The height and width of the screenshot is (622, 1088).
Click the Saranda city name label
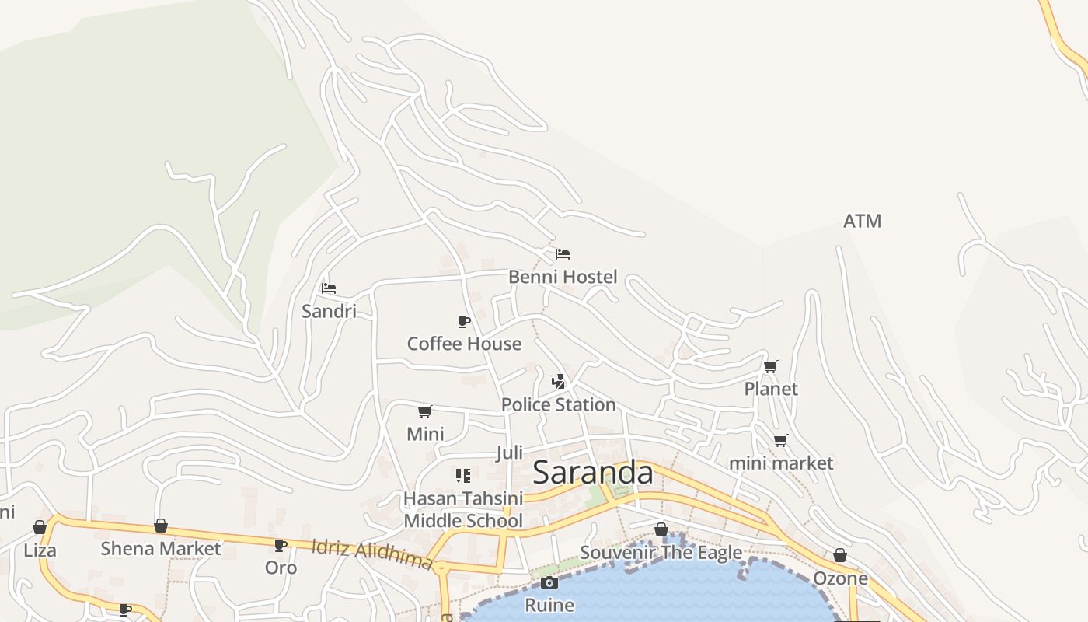click(593, 472)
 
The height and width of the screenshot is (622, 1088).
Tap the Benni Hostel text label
click(563, 277)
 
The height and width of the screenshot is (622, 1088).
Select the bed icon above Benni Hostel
click(563, 254)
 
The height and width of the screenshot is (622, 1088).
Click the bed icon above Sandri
click(329, 288)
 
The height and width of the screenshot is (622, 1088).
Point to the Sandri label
click(329, 312)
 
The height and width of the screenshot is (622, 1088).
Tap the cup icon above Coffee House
click(464, 321)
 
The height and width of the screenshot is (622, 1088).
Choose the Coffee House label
click(464, 344)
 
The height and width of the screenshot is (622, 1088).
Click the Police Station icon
click(558, 381)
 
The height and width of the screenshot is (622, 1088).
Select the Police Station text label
click(558, 404)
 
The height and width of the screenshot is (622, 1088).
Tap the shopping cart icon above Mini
click(424, 411)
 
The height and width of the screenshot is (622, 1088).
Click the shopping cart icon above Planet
click(771, 366)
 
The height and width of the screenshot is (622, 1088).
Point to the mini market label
click(780, 463)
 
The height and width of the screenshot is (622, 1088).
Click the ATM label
click(863, 222)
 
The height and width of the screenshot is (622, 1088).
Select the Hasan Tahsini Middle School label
click(463, 509)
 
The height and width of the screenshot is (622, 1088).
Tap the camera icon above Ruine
click(549, 582)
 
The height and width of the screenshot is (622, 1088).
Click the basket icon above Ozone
click(840, 555)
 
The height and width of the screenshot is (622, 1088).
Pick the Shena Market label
click(161, 549)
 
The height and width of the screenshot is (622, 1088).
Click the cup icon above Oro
click(281, 545)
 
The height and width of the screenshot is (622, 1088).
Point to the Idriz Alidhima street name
click(371, 554)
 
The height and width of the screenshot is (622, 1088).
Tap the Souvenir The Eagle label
click(661, 553)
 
